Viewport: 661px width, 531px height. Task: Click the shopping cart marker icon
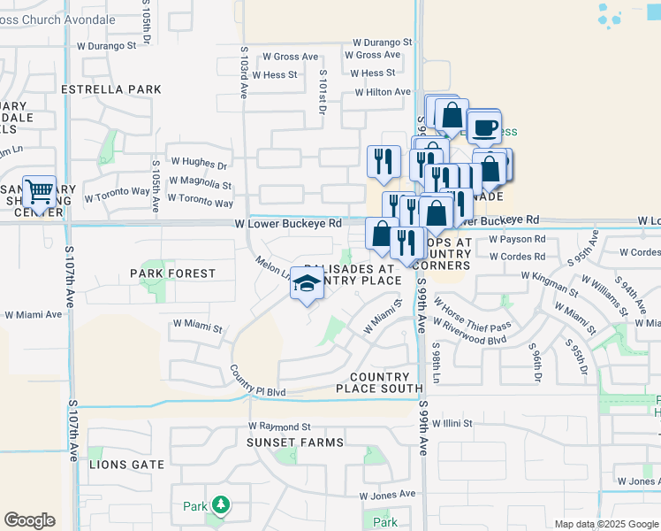pyautogui.click(x=39, y=191)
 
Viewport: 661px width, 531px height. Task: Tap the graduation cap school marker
pyautogui.click(x=307, y=283)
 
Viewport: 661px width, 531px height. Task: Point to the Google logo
pyautogui.click(x=29, y=520)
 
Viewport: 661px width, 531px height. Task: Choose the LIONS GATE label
pyautogui.click(x=127, y=464)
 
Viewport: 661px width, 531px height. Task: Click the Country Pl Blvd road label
pyautogui.click(x=258, y=381)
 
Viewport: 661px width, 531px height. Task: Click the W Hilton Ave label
pyautogui.click(x=383, y=92)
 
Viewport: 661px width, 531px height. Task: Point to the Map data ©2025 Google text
pyautogui.click(x=604, y=524)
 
